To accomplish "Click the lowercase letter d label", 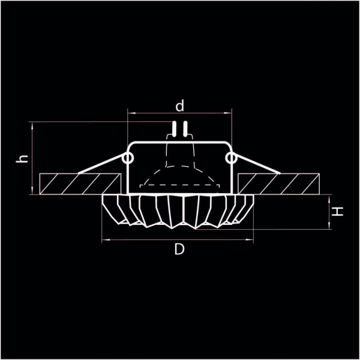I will pyautogui.click(x=179, y=106).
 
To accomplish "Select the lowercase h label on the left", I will pyautogui.click(x=22, y=159).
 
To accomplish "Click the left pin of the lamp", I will pyautogui.click(x=174, y=129).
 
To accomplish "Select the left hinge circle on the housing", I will pyautogui.click(x=127, y=158).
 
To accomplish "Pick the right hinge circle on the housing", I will pyautogui.click(x=232, y=158).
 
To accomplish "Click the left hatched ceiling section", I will pyautogui.click(x=78, y=183).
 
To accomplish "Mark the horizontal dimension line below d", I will pyautogui.click(x=180, y=113).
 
